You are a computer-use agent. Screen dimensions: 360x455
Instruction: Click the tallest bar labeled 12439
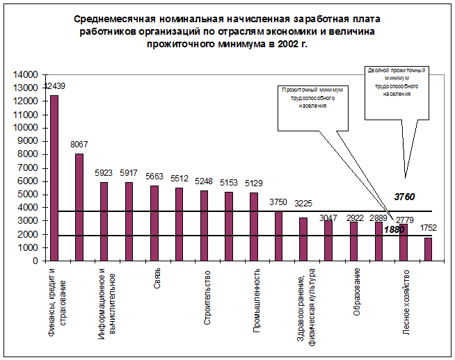coord(54,178)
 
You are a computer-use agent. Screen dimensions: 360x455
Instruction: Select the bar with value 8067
coord(79,207)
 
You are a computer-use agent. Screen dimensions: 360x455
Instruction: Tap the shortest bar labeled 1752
coord(428,249)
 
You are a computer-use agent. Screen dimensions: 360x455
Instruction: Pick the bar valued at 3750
coord(279,236)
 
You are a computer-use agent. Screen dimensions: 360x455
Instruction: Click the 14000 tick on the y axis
coord(26,75)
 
